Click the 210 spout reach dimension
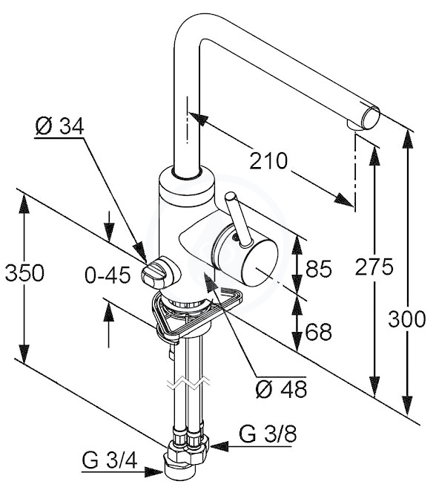tap(268, 160)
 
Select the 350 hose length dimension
tap(24, 272)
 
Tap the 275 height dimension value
tap(374, 267)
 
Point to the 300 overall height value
tap(407, 319)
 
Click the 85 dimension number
tap(319, 269)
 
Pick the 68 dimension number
tap(319, 331)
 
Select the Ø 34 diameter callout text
tap(59, 126)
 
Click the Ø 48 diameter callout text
tap(281, 389)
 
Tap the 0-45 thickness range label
tap(108, 275)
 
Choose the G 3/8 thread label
tap(268, 434)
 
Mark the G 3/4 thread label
tap(110, 461)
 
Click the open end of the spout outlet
tap(371, 117)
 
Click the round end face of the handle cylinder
tap(261, 263)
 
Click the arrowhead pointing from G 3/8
tap(219, 445)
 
